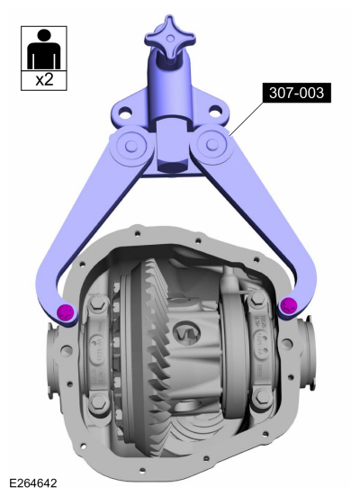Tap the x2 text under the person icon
[44, 78]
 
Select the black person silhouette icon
[44, 49]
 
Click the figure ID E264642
[34, 483]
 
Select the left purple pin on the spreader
[65, 311]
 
